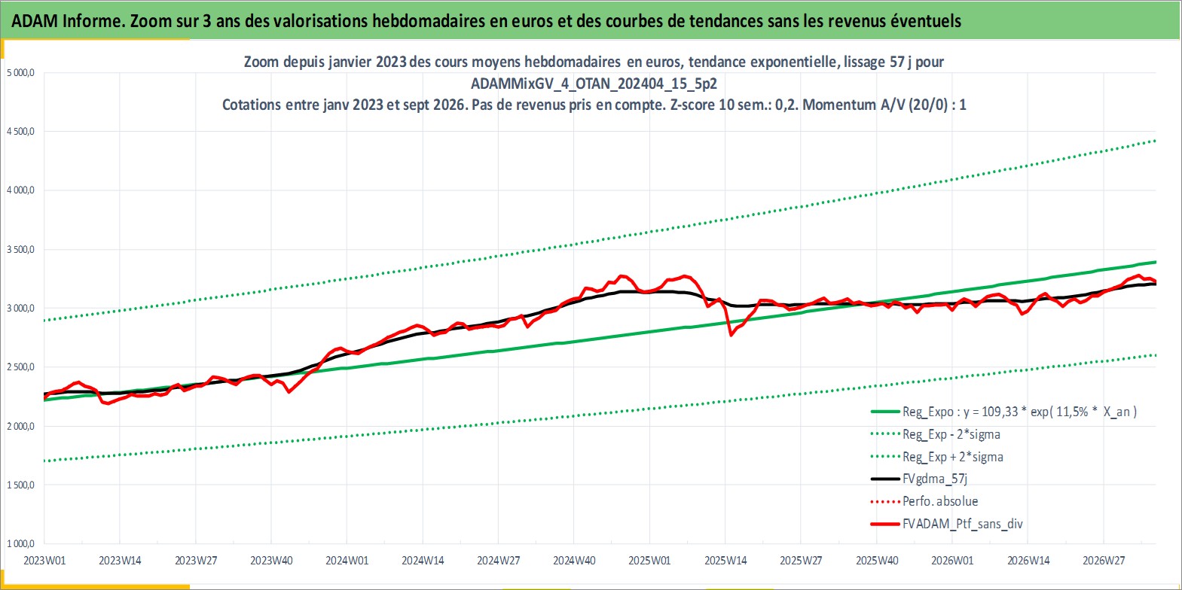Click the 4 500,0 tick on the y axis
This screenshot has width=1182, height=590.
[20, 131]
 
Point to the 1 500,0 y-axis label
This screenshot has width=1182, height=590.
[20, 485]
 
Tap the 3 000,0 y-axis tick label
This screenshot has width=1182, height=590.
[20, 309]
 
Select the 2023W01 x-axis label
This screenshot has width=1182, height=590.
[44, 561]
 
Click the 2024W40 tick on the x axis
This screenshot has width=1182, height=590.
[574, 561]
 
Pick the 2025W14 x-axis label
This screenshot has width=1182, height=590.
[725, 561]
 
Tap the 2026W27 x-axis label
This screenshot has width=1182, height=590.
[1104, 561]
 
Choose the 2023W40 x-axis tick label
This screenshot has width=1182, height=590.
[271, 561]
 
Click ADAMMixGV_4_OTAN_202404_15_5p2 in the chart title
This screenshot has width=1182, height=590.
[594, 84]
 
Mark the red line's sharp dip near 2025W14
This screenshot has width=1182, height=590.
[731, 335]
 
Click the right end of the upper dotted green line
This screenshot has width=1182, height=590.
[1156, 141]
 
